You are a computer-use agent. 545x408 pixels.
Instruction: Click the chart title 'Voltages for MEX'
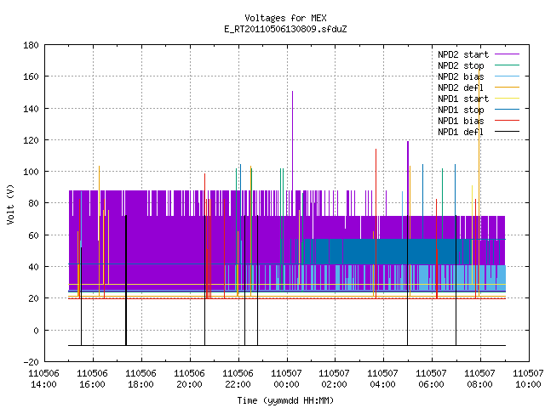point(285,18)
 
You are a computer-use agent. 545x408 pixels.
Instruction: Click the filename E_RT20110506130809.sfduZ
point(285,29)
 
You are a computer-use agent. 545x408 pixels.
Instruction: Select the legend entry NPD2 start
point(479,54)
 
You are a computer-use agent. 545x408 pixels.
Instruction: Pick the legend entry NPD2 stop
point(479,65)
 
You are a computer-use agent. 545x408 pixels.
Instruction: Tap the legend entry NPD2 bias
point(479,76)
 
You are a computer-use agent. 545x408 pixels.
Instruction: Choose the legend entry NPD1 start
point(479,99)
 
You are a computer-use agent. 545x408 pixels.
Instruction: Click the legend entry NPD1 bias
point(479,121)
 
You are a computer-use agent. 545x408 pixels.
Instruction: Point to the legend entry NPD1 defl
point(479,132)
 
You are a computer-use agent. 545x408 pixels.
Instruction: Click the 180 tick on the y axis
point(31,45)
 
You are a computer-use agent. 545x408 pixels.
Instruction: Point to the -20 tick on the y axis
point(31,362)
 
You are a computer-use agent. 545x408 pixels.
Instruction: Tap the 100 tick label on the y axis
point(31,172)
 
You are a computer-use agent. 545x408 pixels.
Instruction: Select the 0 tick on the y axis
point(36,331)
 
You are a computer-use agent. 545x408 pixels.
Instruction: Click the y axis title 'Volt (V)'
point(10,204)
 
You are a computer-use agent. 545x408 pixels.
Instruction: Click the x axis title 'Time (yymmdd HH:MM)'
point(285,400)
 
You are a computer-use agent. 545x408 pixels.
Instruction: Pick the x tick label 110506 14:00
point(43,379)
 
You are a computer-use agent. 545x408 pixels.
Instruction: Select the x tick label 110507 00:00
point(286,379)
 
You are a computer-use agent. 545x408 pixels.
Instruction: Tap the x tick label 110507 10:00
point(528,379)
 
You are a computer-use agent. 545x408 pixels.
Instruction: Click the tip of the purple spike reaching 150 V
point(293,91)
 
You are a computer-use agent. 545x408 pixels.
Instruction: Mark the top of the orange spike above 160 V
point(479,70)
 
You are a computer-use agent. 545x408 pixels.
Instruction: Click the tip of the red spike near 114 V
point(376,150)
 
